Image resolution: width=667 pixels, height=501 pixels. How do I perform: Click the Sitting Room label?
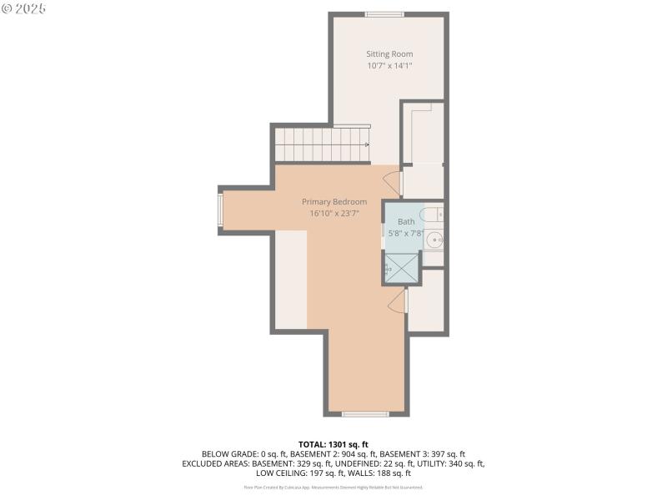pyautogui.click(x=389, y=54)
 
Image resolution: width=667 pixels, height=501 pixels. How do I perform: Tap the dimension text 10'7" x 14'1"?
pyautogui.click(x=389, y=66)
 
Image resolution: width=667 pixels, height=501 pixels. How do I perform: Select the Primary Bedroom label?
pyautogui.click(x=333, y=202)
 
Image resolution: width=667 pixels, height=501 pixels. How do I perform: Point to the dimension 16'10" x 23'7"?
pyautogui.click(x=333, y=214)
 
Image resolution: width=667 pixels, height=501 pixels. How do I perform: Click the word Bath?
pyautogui.click(x=406, y=222)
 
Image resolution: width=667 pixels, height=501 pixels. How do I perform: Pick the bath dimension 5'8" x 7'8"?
pyautogui.click(x=406, y=234)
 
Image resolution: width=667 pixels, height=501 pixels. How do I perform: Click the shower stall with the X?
pyautogui.click(x=402, y=268)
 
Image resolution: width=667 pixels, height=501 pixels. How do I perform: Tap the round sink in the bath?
pyautogui.click(x=434, y=240)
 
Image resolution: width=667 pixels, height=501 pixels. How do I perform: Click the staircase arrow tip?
pyautogui.click(x=367, y=144)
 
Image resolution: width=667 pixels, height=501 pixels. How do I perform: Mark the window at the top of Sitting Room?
pyautogui.click(x=384, y=14)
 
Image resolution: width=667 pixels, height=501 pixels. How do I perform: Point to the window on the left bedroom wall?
pyautogui.click(x=221, y=210)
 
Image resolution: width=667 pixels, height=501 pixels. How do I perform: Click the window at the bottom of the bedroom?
pyautogui.click(x=365, y=413)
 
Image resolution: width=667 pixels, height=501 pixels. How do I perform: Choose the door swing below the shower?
pyautogui.click(x=398, y=301)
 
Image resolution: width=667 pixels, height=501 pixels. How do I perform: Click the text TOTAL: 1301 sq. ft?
pyautogui.click(x=333, y=444)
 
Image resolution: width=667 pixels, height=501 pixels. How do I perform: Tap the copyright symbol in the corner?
pyautogui.click(x=8, y=8)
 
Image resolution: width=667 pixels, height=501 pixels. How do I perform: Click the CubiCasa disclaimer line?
pyautogui.click(x=333, y=487)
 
